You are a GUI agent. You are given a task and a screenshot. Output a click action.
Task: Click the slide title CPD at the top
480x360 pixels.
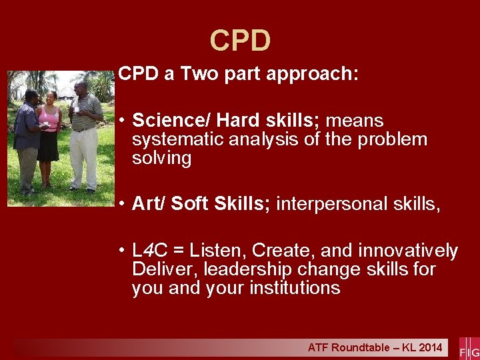tap(240, 41)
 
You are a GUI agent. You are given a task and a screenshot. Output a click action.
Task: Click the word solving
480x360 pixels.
tap(161, 158)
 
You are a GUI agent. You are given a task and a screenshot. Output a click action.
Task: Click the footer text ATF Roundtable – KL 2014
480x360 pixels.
tap(375, 347)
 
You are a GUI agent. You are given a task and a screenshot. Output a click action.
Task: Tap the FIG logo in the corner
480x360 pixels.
tap(469, 347)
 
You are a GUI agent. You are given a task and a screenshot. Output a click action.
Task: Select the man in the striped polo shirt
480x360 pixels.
tap(85, 133)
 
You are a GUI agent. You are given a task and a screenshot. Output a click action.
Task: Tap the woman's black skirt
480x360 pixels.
tap(47, 147)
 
